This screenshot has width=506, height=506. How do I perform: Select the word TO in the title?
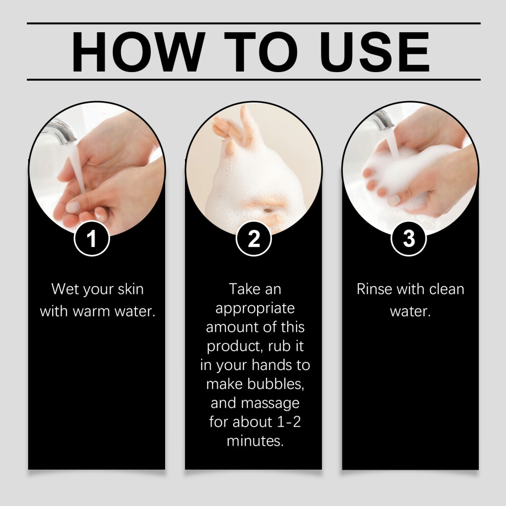pos(261,52)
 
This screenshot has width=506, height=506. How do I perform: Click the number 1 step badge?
pos(92,239)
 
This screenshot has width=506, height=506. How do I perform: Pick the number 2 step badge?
pos(254,239)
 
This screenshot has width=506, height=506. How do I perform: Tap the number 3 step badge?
pos(409,239)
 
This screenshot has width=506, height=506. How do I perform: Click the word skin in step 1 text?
pos(131,289)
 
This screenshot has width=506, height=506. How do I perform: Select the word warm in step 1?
pos(91,312)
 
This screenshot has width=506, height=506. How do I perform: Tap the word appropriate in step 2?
pos(255,309)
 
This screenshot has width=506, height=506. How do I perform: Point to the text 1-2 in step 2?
pos(289,422)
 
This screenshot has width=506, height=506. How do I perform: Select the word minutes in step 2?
pos(255,441)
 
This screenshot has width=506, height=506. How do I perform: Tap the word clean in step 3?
pos(447,289)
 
